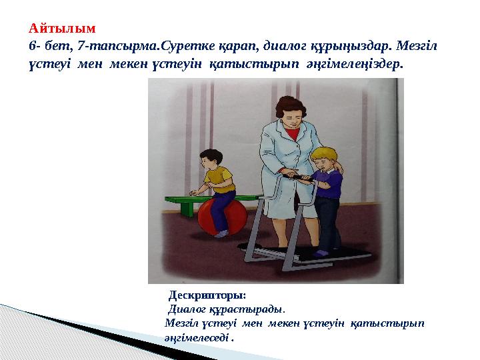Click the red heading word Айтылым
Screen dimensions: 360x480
pyautogui.click(x=63, y=29)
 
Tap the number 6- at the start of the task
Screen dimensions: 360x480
pyautogui.click(x=35, y=47)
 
